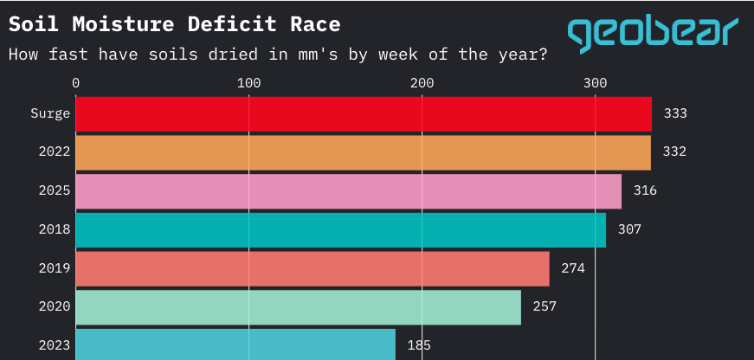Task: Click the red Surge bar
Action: [364, 113]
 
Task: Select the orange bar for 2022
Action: [364, 152]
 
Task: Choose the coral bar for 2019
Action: [313, 268]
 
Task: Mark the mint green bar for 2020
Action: [299, 307]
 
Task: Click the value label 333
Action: [675, 113]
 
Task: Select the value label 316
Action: [645, 190]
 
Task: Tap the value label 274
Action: [573, 268]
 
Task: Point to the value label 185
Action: [419, 345]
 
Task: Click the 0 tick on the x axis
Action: [76, 83]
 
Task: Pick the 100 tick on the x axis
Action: [249, 83]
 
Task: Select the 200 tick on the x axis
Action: [422, 83]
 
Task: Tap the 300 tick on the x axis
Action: [595, 83]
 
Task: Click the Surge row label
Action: [50, 113]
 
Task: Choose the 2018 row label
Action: [55, 229]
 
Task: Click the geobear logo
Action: [653, 33]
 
